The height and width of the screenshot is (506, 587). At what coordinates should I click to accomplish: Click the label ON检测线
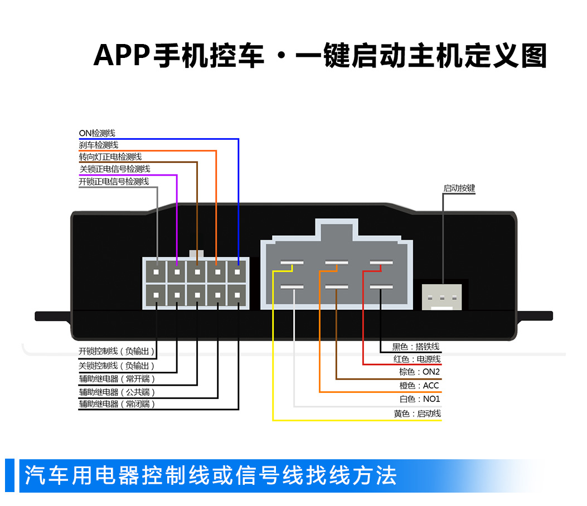(x=97, y=133)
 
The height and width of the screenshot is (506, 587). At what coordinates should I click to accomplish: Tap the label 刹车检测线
(x=99, y=145)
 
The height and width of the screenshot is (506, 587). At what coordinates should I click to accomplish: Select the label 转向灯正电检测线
(x=110, y=157)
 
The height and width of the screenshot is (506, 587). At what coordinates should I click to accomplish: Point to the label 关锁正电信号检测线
(x=114, y=169)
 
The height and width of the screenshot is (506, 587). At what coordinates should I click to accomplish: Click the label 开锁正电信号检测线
(x=114, y=181)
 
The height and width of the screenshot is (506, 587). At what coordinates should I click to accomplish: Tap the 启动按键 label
(x=459, y=188)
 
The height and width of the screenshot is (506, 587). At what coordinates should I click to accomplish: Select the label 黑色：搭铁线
(x=416, y=347)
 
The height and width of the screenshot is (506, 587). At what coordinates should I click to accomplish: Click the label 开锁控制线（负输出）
(x=117, y=352)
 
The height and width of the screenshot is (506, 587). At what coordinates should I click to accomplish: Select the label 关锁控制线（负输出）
(x=117, y=366)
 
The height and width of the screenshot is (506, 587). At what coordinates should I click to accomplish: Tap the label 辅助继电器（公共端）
(x=117, y=392)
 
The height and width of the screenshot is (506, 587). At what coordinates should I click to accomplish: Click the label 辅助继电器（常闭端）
(x=117, y=404)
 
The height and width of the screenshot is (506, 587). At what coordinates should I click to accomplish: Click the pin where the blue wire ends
(x=238, y=273)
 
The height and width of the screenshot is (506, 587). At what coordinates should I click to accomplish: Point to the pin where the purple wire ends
(x=177, y=273)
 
